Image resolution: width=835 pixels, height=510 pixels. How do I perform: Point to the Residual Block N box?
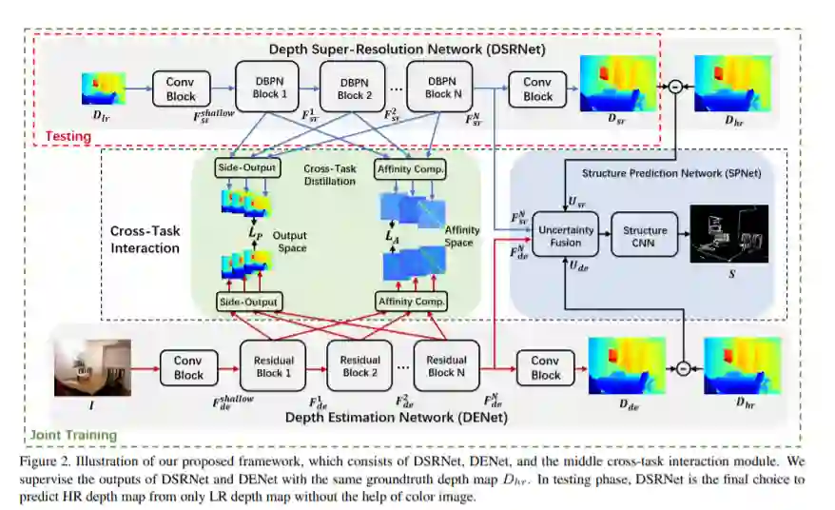click(446, 366)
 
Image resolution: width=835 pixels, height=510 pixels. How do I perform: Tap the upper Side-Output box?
click(248, 168)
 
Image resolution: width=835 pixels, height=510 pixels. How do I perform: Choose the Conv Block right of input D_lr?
click(181, 89)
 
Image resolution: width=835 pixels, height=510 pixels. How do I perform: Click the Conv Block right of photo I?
click(188, 368)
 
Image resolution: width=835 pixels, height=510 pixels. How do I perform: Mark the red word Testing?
click(68, 136)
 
